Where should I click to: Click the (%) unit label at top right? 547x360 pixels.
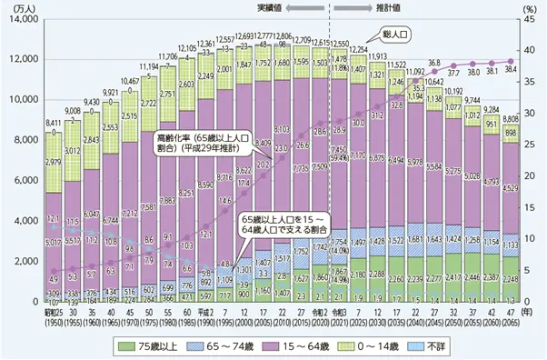pyautogui.click(x=532, y=7)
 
